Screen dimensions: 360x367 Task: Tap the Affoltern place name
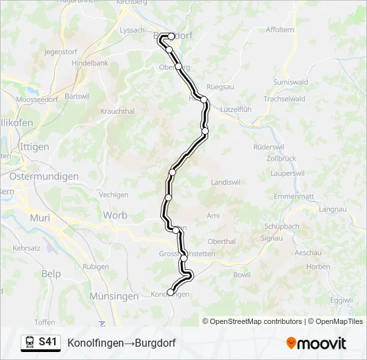280,30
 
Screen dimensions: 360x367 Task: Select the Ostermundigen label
44,177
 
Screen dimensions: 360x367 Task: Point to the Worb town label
115,215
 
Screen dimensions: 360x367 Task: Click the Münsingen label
113,296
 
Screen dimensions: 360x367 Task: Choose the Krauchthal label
117,111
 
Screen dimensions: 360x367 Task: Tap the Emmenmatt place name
293,197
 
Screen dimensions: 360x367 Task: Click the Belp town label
51,274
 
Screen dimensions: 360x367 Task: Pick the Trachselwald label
284,99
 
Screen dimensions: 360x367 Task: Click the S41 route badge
47,342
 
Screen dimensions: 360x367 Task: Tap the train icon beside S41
30,343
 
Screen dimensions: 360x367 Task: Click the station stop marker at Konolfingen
170,292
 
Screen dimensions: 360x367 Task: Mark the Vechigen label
113,195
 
